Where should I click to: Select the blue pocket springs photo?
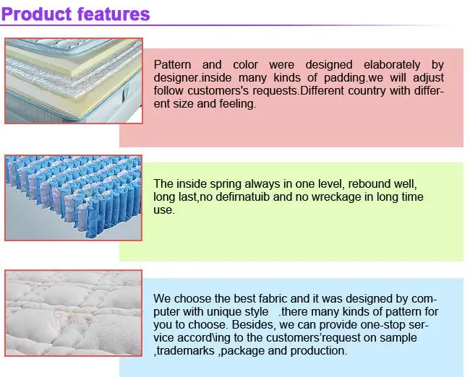pos(73,196)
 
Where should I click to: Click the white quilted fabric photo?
pos(73,311)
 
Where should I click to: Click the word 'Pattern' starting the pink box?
pos(171,65)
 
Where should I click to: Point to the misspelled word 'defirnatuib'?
pos(243,197)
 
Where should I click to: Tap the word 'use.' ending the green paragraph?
pos(164,210)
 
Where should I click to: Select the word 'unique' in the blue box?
pos(226,312)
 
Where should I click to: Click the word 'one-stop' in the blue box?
pos(386,325)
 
